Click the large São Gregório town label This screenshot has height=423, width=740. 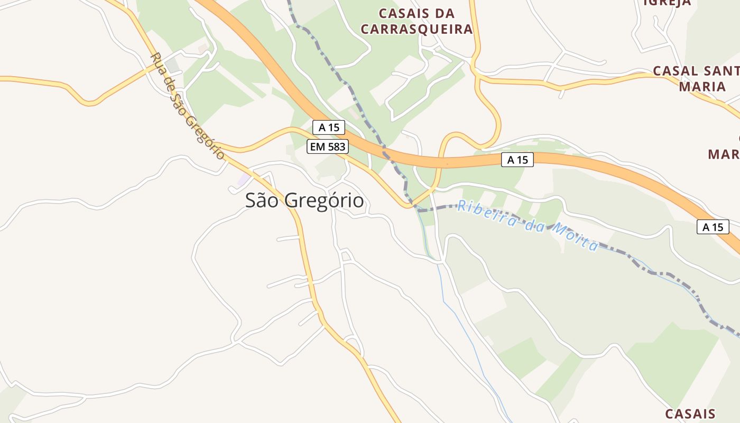click(x=304, y=201)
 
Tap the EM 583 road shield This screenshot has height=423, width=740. click(x=328, y=146)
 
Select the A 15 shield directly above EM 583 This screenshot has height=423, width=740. click(x=328, y=127)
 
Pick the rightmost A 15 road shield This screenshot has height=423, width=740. click(x=713, y=227)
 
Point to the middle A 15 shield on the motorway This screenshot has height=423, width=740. click(x=517, y=160)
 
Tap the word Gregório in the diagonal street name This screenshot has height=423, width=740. click(x=205, y=137)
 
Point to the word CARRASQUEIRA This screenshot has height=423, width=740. click(x=417, y=29)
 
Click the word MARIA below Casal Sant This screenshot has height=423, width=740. click(x=702, y=86)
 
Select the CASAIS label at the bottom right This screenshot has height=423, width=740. click(x=690, y=413)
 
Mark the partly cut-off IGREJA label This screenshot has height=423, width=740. click(x=667, y=3)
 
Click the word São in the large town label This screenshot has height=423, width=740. click(x=263, y=201)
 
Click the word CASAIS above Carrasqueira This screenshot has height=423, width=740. click(x=404, y=13)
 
